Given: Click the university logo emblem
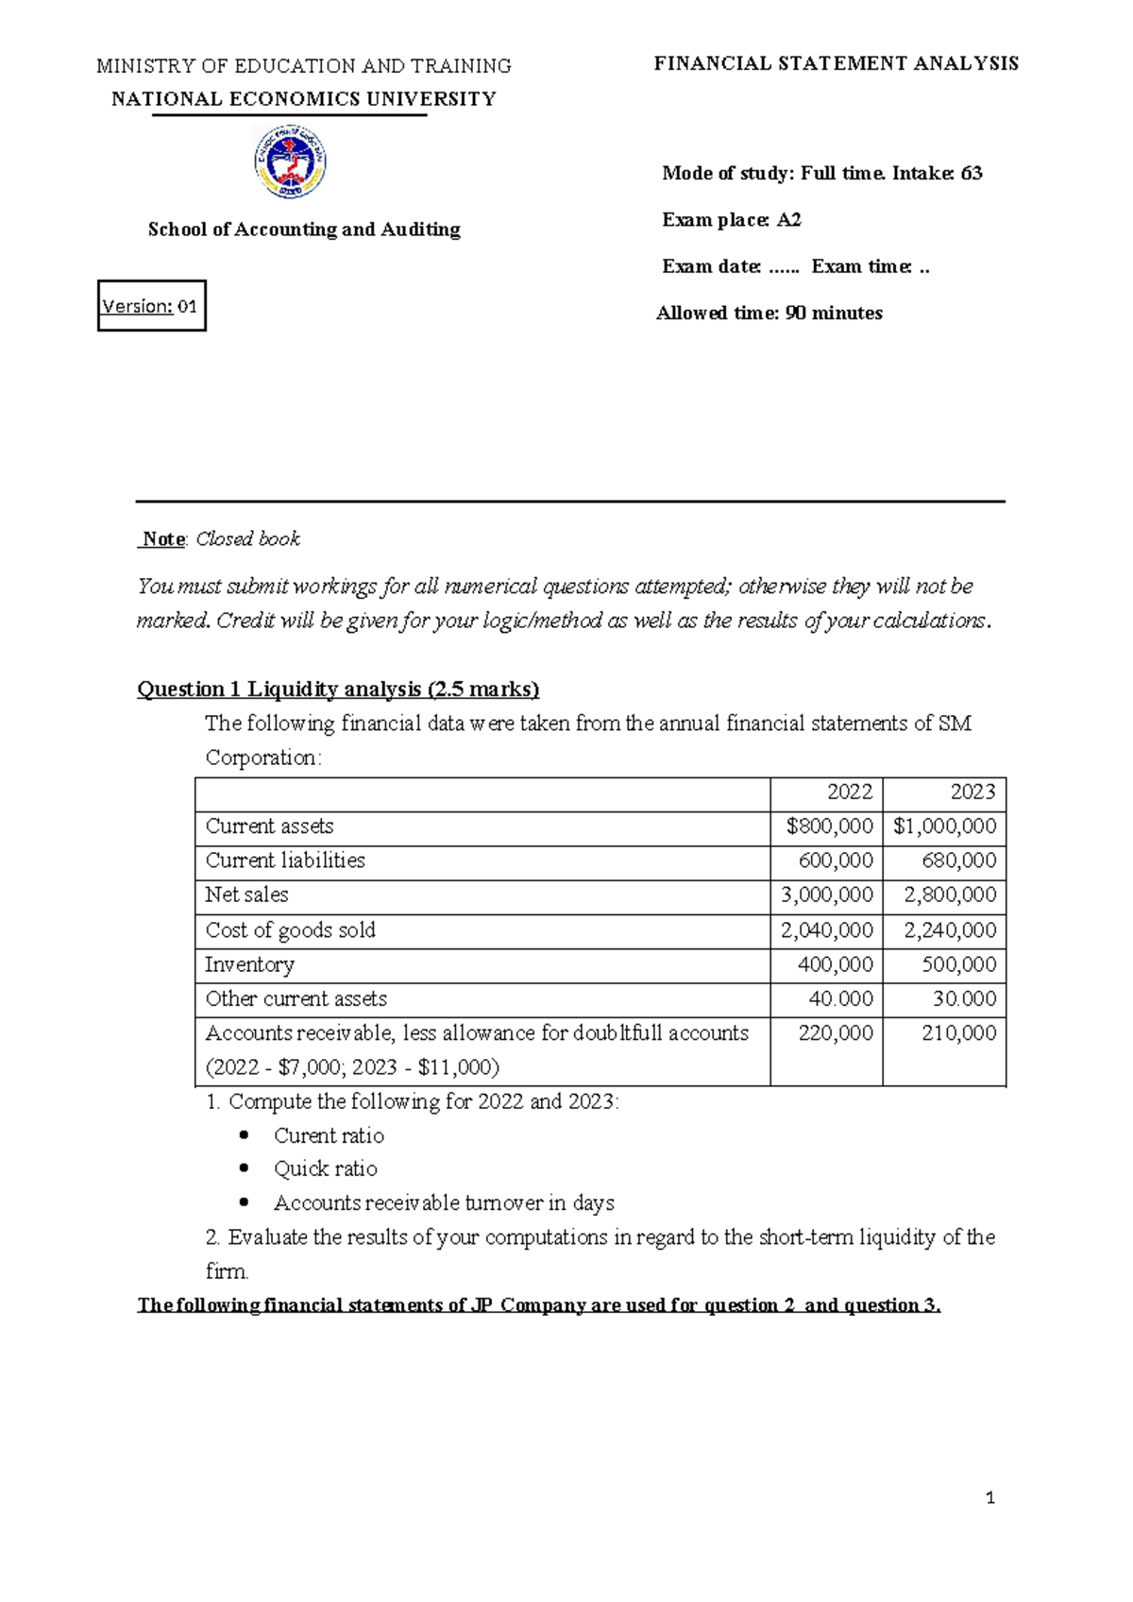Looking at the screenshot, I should pos(291,162).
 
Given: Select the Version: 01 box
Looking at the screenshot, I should pos(151,306).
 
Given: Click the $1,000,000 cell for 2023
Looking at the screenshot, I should pos(945,827).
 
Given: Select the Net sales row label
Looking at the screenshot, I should pos(246,895).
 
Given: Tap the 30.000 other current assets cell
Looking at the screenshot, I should pos(958,999).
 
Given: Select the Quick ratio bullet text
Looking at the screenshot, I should pos(326,1169).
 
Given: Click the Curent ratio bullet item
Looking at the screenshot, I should pos(329,1135).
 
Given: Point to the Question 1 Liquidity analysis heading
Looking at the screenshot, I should pos(338,690).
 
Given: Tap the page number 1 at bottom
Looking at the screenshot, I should pos(989,1498).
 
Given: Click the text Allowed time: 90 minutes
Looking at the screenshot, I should pos(769,314).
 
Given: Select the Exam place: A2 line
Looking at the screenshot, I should pos(732,220).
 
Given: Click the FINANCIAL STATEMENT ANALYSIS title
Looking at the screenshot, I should pos(837,64).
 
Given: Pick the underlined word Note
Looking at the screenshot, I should pos(163,539).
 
